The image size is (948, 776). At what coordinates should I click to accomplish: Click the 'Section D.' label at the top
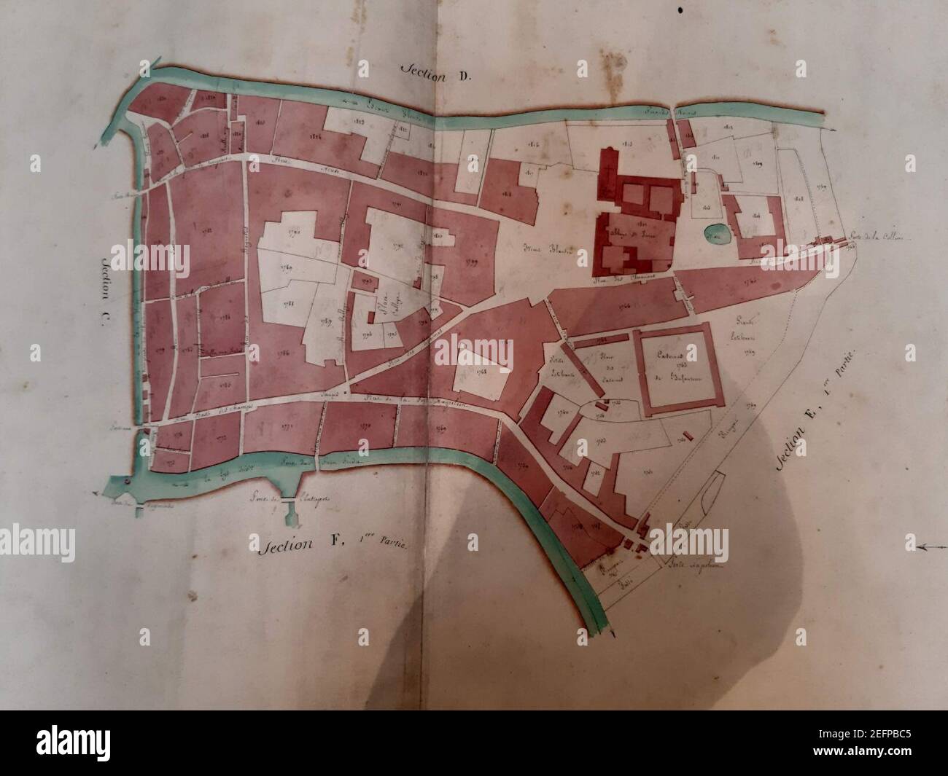(427, 71)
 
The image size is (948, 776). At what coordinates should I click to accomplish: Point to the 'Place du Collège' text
(381, 308)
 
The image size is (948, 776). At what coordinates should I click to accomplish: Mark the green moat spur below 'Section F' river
(290, 510)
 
